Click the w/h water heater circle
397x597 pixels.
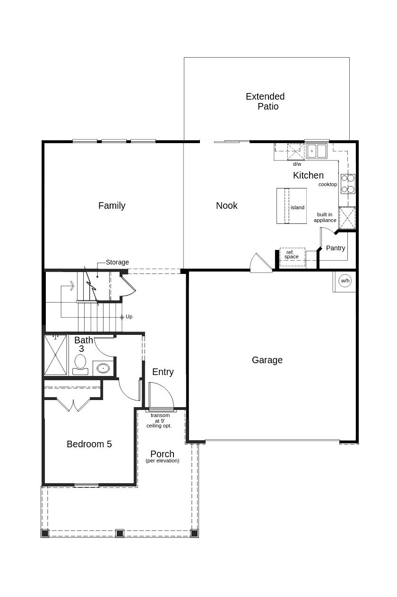click(x=345, y=281)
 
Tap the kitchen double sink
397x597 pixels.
click(x=316, y=151)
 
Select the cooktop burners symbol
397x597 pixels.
click(x=348, y=184)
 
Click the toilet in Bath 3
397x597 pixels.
click(x=80, y=364)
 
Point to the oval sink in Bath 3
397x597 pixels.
click(x=103, y=368)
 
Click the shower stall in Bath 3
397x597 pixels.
click(x=55, y=355)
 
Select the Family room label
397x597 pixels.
click(x=112, y=206)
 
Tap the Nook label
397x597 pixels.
click(x=227, y=205)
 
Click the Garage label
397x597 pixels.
click(x=267, y=360)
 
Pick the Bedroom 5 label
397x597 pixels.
click(x=89, y=444)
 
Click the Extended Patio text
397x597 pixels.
click(x=265, y=101)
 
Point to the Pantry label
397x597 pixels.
click(x=336, y=248)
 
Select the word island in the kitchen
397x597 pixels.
click(x=297, y=207)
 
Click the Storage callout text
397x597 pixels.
click(x=117, y=262)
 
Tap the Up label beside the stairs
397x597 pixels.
click(x=129, y=316)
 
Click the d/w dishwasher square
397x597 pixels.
click(x=296, y=152)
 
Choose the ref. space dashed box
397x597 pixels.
click(x=292, y=257)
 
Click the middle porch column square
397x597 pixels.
click(x=120, y=533)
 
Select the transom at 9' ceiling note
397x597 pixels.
click(x=159, y=420)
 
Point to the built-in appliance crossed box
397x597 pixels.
click(x=347, y=218)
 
